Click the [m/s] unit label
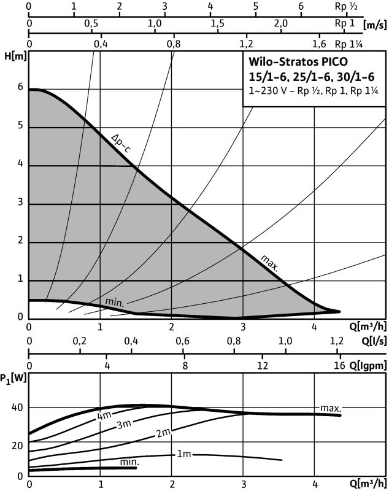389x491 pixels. (x=374, y=25)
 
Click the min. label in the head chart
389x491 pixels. (x=115, y=302)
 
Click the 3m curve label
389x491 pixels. (x=125, y=424)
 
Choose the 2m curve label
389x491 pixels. (x=163, y=434)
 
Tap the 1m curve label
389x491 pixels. (x=184, y=455)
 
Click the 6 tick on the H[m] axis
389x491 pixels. (x=20, y=88)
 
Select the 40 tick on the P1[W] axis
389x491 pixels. (x=16, y=408)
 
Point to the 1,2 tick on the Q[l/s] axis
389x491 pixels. (x=337, y=341)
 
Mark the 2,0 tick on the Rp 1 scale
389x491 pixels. (x=281, y=23)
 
